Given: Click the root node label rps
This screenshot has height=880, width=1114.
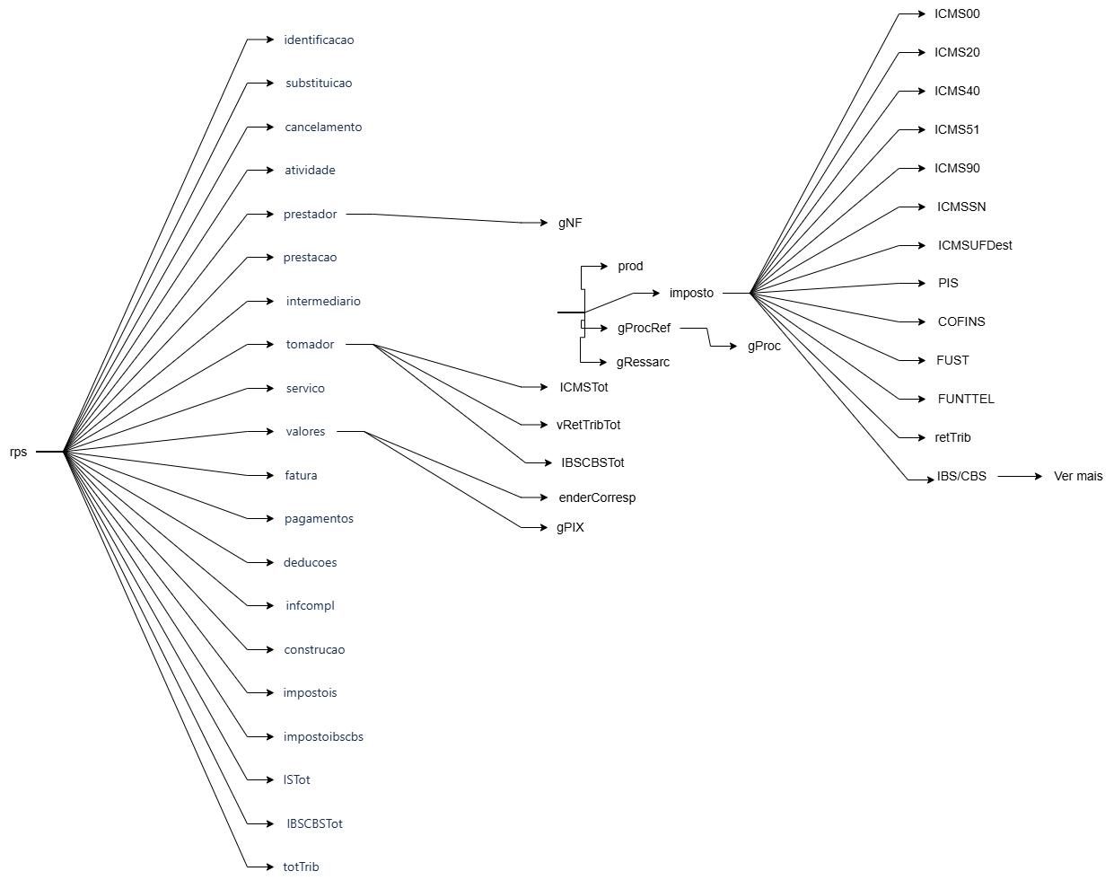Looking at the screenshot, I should pos(19,452).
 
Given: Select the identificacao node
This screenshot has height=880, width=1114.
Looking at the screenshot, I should pos(319,40).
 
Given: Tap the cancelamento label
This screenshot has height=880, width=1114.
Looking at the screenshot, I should pos(323,127).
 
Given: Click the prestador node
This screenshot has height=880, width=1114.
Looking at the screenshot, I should pos(310,214).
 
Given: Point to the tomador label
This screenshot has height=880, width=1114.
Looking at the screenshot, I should pos(310,344).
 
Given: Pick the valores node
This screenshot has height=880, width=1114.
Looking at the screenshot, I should pos(305,431).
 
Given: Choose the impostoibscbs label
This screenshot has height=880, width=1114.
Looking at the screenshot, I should pos(323,736).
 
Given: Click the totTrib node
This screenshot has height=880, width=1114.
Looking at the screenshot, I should pos(301,867).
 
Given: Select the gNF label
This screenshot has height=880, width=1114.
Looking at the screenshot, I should pos(570,223).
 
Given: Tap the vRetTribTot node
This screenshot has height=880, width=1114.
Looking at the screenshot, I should pos(588,425).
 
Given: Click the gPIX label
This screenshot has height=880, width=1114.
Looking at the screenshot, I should pos(570,527).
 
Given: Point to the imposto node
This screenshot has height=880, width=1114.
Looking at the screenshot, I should pos(691,293).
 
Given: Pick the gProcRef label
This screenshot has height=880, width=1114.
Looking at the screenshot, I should pos(644,328).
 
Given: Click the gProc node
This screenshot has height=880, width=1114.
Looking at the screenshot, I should pos(764,346).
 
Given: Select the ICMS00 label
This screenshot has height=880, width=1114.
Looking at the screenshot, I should pos(957,13).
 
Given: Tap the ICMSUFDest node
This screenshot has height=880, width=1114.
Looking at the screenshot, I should pos(975,245).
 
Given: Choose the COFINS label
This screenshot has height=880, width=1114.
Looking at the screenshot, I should pos(961,321).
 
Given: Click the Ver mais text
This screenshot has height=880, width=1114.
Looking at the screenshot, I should pos(1078,476).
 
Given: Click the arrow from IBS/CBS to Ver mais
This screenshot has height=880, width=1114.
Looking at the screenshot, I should pos(1020,476).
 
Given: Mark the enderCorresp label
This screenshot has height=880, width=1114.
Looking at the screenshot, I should pos(597,497).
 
